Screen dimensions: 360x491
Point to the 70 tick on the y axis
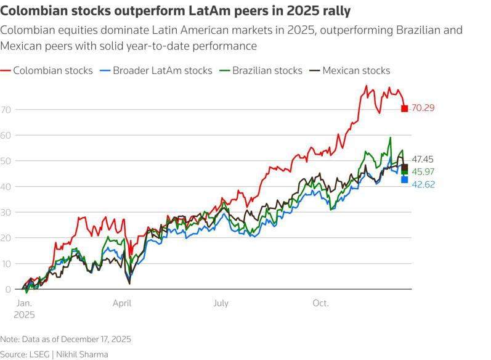click(7, 109)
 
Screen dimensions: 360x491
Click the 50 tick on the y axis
click(7, 161)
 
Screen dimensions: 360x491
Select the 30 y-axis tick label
click(7, 212)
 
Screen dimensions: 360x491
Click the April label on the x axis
click(122, 303)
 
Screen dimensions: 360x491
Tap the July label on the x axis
click(221, 303)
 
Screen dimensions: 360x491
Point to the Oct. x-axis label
click(320, 303)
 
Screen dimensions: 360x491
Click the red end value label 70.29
click(423, 108)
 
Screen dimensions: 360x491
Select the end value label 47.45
click(423, 160)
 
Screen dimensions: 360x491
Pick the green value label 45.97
click(423, 171)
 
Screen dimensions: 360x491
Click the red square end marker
click(405, 108)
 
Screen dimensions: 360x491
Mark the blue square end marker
click(405, 180)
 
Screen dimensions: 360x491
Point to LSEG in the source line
click(43, 354)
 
